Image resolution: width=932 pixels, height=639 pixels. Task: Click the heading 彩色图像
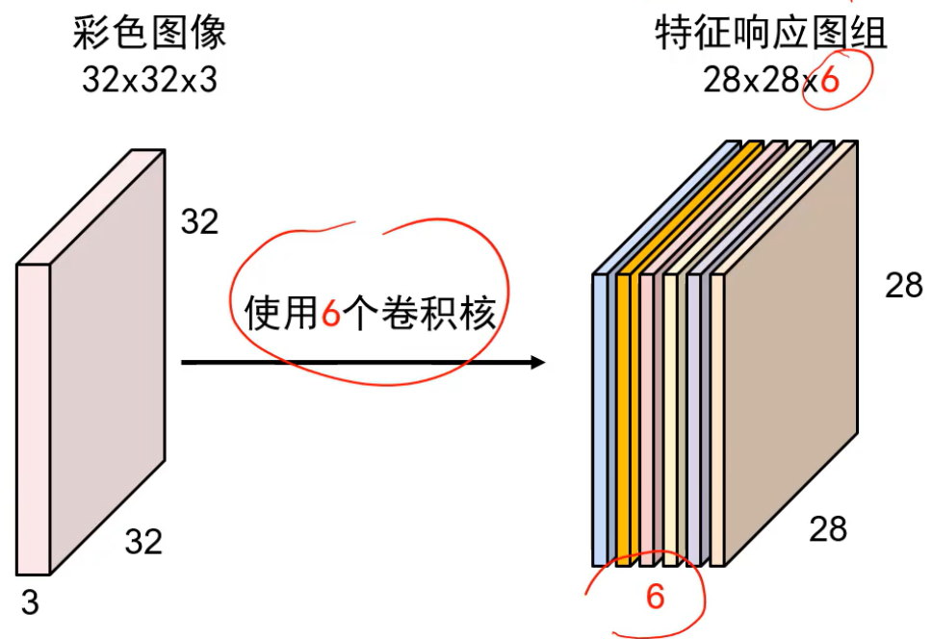pyautogui.click(x=149, y=35)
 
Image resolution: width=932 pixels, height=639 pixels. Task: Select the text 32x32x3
pyautogui.click(x=149, y=80)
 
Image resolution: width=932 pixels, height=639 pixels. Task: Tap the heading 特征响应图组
pyautogui.click(x=770, y=35)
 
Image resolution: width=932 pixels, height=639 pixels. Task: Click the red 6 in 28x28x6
pyautogui.click(x=829, y=81)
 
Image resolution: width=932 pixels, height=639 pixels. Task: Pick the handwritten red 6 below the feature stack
pyautogui.click(x=655, y=598)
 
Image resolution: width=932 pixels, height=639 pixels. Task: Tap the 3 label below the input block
pyautogui.click(x=30, y=603)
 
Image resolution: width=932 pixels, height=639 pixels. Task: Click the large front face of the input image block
pyautogui.click(x=106, y=366)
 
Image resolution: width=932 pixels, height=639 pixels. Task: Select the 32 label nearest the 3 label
pyautogui.click(x=143, y=543)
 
